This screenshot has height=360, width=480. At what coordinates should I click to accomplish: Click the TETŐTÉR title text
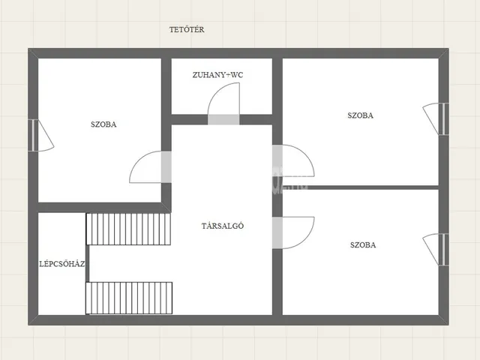pyautogui.click(x=187, y=30)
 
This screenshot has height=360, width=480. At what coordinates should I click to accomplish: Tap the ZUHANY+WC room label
pyautogui.click(x=217, y=75)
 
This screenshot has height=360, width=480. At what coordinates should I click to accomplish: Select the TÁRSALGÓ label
pyautogui.click(x=223, y=226)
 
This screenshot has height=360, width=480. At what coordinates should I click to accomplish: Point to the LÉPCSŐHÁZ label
pyautogui.click(x=62, y=264)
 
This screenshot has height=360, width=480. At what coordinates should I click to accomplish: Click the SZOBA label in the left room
pyautogui.click(x=103, y=124)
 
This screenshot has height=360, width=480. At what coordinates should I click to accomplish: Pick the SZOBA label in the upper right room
pyautogui.click(x=360, y=115)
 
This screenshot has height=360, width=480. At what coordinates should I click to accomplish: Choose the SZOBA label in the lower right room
pyautogui.click(x=363, y=245)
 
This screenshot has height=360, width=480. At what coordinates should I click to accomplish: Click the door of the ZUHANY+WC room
pyautogui.click(x=223, y=103)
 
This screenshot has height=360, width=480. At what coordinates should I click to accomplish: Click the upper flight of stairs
pyautogui.click(x=128, y=229)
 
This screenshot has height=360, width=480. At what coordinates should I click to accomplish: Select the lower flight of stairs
pyautogui.click(x=129, y=298)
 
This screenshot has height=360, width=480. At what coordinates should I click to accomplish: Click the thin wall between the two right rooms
pyautogui.click(x=361, y=187)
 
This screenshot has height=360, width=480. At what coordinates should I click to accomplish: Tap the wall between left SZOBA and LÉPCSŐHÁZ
pyautogui.click(x=100, y=208)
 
